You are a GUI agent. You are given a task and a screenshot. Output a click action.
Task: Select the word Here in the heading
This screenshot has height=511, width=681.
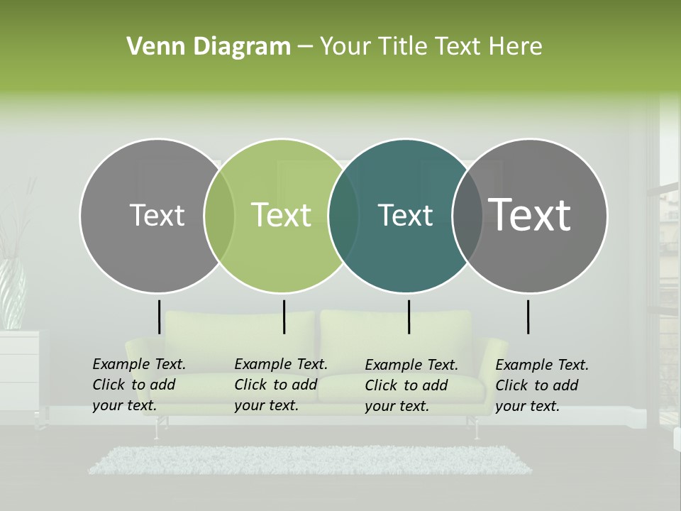click(516, 47)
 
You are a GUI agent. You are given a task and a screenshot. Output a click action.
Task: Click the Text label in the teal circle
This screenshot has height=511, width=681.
click(405, 216)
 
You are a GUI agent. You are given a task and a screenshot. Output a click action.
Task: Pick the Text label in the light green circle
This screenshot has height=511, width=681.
click(282, 215)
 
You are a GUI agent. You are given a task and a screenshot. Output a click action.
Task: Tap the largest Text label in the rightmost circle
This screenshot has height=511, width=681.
click(530, 214)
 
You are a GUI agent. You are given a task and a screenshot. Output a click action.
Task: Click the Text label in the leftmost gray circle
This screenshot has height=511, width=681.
click(157, 215)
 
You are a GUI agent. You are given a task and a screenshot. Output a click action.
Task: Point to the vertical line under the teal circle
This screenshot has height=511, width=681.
click(409, 317)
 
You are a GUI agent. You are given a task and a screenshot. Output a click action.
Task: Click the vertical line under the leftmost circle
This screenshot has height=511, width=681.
click(159, 317)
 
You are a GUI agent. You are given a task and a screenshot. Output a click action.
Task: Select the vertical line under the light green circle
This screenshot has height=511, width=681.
click(284, 317)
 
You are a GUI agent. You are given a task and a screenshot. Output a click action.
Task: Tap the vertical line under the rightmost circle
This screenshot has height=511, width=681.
click(528, 317)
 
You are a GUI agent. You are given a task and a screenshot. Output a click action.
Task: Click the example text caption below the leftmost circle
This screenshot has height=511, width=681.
click(138, 385)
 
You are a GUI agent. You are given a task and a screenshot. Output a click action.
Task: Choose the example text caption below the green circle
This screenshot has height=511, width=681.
click(280, 385)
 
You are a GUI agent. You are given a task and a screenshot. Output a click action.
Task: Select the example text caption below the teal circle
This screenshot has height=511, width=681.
click(411, 385)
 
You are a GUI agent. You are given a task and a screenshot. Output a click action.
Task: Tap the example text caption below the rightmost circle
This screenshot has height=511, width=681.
click(541, 385)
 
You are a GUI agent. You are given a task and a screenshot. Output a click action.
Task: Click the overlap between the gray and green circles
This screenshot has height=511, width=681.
click(219, 215)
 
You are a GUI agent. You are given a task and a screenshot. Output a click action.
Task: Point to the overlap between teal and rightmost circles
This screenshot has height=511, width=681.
click(467, 215)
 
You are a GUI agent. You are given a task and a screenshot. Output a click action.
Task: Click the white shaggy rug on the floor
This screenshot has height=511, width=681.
click(309, 460)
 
